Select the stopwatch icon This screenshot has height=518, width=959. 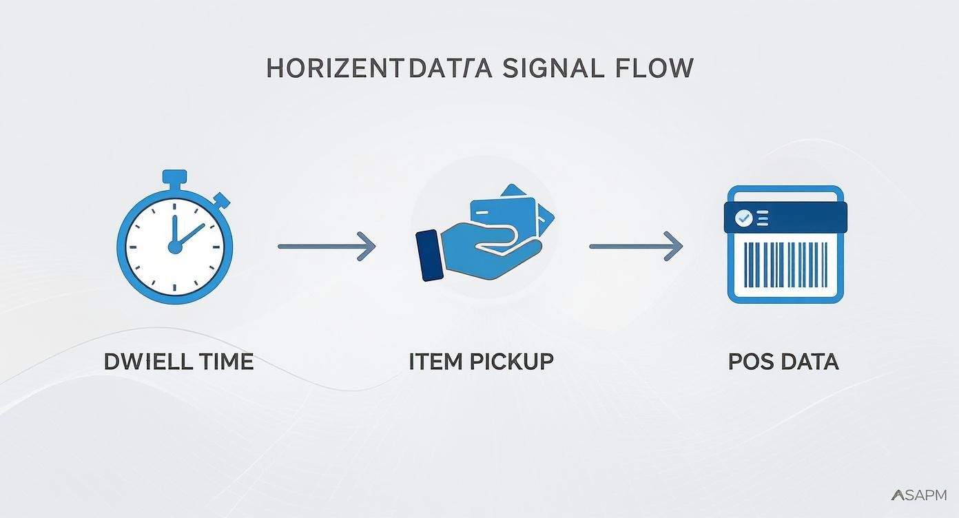point(175,241)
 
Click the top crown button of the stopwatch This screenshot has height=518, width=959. point(175,177)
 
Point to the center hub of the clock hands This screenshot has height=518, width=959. point(175,246)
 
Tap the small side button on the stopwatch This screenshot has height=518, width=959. point(222,200)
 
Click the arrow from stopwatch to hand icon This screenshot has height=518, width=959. point(327,246)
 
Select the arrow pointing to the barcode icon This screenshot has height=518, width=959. point(635,246)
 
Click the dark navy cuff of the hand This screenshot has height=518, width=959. point(430,255)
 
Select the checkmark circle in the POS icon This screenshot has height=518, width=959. point(743,218)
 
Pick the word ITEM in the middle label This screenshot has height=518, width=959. point(433,362)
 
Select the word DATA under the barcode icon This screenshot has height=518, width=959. point(812,362)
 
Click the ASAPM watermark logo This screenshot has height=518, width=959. point(918,495)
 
